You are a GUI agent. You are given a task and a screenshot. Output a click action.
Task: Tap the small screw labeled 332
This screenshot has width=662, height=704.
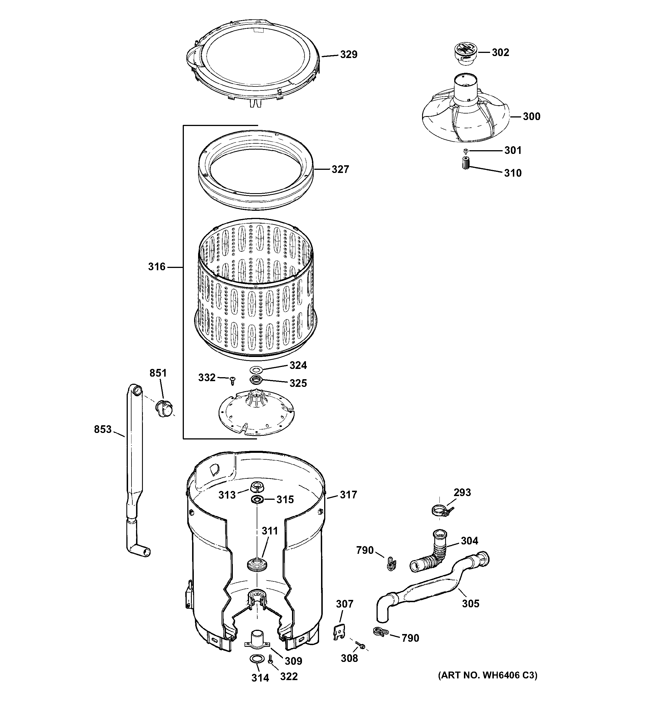pyautogui.click(x=232, y=381)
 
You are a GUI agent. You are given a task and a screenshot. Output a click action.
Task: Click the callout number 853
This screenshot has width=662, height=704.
pyautogui.click(x=102, y=429)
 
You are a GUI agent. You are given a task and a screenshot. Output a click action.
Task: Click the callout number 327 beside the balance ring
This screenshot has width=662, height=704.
pyautogui.click(x=340, y=169)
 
